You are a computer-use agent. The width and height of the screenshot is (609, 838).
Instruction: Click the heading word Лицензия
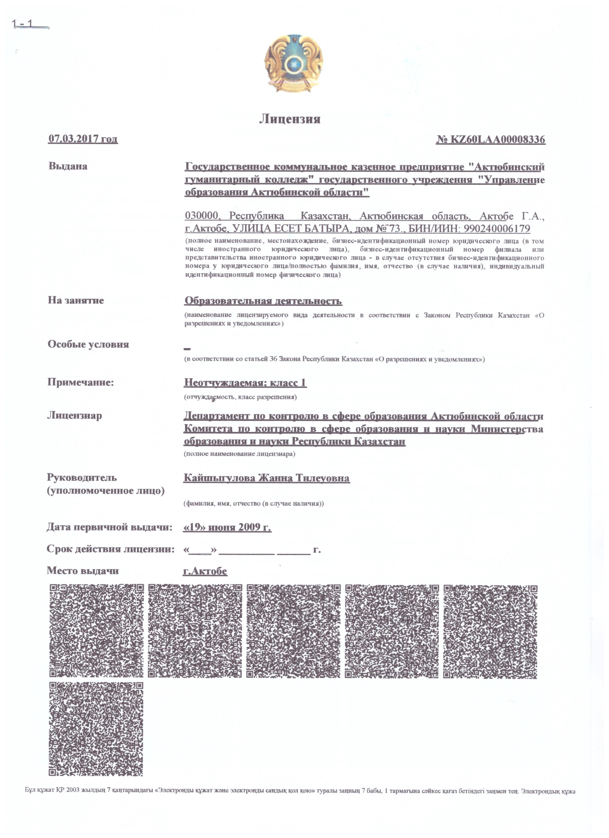coord(289,119)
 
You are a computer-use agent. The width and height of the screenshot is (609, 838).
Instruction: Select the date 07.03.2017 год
coord(83,139)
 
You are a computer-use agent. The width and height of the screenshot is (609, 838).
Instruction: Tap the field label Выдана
coord(68,166)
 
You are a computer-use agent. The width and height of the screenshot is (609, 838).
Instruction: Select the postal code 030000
coord(202,216)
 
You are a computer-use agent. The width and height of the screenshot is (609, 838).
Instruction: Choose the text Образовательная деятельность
coord(263,301)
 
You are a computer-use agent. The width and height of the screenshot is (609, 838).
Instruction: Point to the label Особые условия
coord(88,344)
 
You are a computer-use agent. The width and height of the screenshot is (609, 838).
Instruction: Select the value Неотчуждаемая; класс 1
coord(245,382)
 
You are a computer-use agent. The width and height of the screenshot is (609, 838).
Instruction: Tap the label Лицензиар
coord(75,415)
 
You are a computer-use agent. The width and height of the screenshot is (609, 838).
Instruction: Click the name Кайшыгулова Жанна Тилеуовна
coord(267,478)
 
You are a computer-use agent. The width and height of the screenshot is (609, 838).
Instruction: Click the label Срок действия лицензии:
coord(110,549)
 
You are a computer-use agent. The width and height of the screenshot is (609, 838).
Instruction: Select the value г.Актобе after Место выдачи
coord(205,571)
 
